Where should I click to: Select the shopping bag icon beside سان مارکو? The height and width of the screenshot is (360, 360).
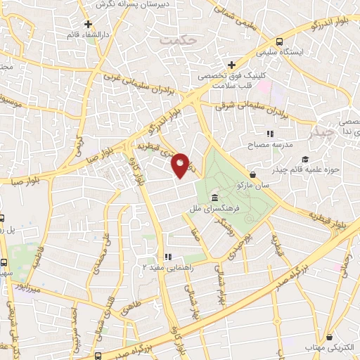252,175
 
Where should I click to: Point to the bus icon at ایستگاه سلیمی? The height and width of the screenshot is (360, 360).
280,41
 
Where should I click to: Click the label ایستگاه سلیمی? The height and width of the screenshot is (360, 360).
309,51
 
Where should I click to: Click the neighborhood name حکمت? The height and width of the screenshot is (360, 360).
176,40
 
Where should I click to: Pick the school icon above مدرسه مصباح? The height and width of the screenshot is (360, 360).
269,134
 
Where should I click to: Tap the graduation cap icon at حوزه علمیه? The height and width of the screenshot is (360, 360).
305,159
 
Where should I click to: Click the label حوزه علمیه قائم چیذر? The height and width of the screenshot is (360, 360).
310,169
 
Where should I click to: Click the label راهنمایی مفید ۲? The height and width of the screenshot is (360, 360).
166,267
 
